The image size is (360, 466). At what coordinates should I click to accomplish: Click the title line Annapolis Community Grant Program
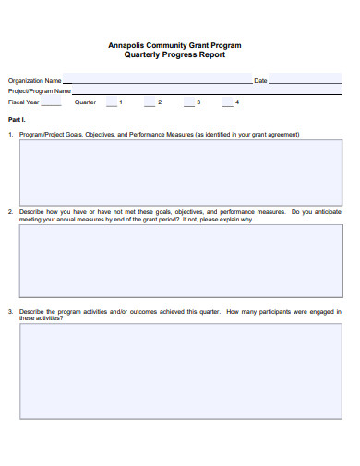(x=174, y=45)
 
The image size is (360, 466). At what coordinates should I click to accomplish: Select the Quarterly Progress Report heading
(x=174, y=54)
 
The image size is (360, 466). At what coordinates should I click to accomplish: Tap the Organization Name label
(x=35, y=81)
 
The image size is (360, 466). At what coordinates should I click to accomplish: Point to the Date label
(x=260, y=81)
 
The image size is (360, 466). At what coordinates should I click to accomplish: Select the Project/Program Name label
(x=40, y=91)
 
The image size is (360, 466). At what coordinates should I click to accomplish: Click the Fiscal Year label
(x=24, y=102)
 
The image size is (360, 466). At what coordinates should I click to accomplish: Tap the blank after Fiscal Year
(x=52, y=104)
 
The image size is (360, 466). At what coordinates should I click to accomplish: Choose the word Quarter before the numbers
(x=85, y=102)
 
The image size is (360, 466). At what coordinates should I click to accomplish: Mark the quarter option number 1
(x=120, y=102)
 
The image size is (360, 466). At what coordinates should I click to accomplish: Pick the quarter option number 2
(x=160, y=102)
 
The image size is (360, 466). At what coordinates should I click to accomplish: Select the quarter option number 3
(x=198, y=102)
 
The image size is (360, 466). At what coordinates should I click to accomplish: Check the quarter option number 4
(x=237, y=102)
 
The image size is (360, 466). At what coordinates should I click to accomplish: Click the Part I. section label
(x=16, y=120)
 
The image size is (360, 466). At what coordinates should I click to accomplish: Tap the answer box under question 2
(x=180, y=260)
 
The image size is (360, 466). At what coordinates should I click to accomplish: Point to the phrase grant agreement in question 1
(x=276, y=135)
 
